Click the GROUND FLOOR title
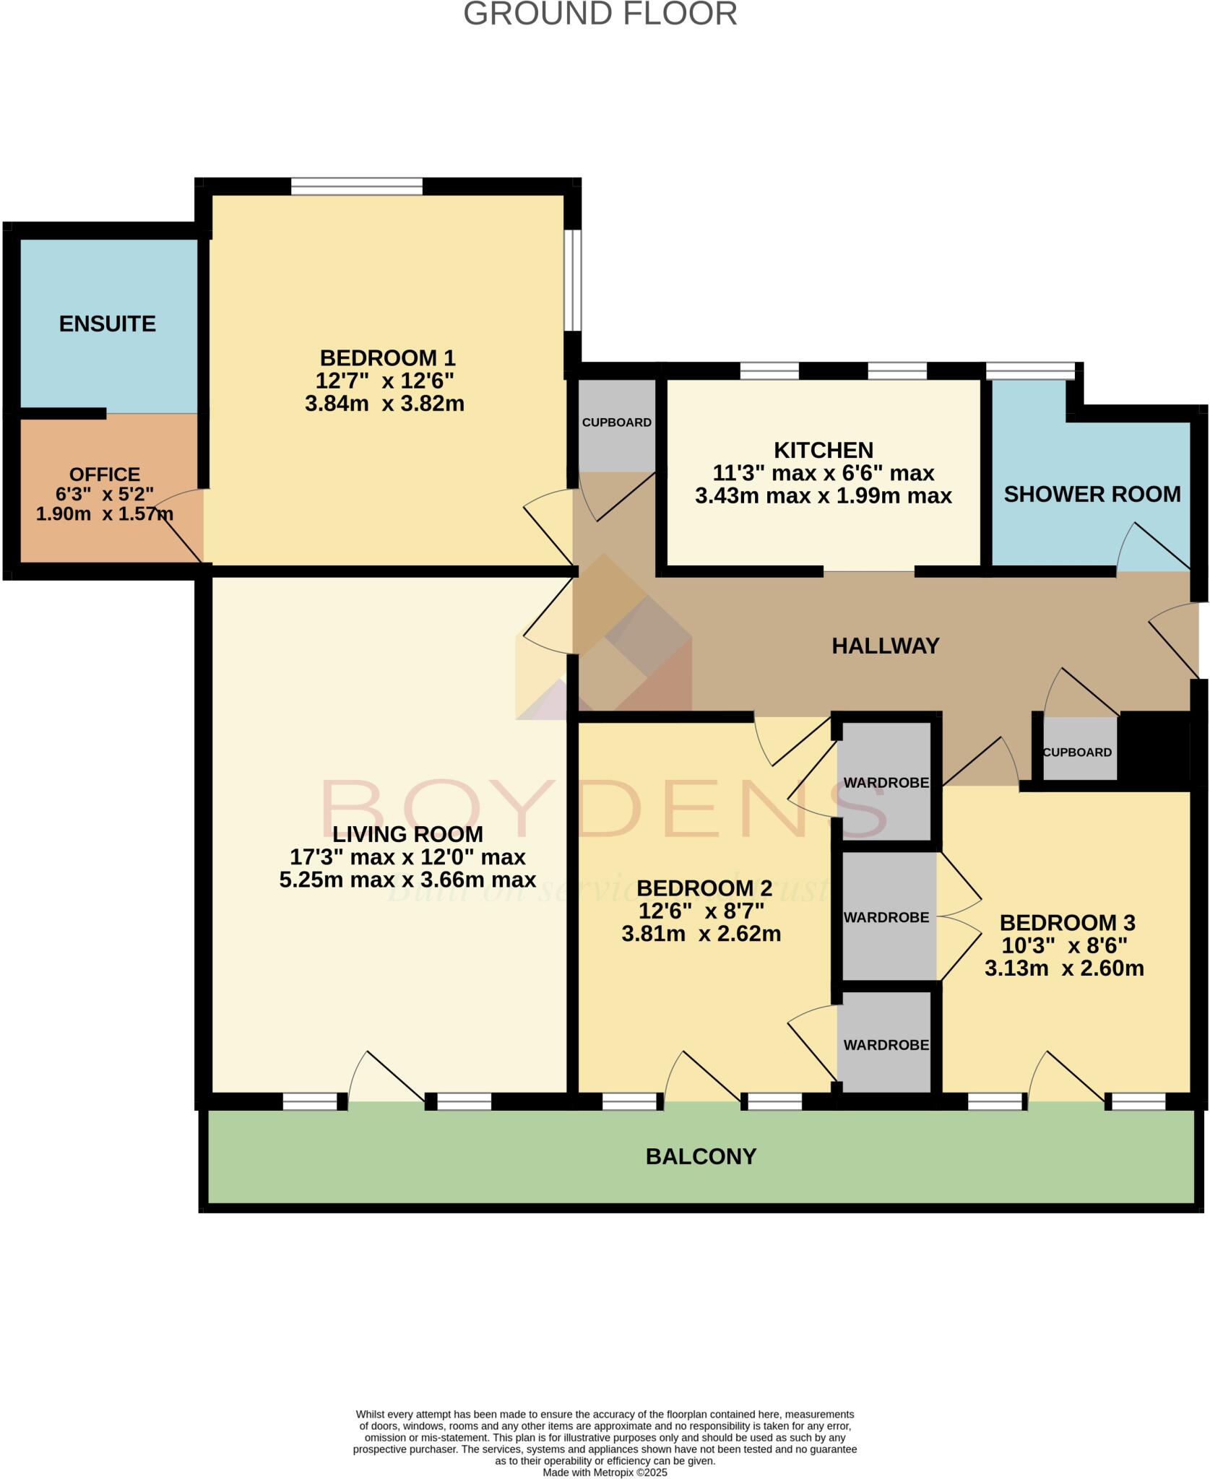(600, 14)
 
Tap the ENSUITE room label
(108, 324)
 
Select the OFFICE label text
(105, 474)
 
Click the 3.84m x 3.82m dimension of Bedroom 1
(384, 404)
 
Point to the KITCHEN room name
(824, 451)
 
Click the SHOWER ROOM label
(1092, 495)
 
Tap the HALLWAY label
(885, 646)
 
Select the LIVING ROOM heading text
(407, 835)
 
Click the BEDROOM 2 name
(704, 888)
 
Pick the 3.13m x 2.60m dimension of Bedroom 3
(1064, 968)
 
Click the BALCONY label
(701, 1157)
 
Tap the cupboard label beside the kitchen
(617, 422)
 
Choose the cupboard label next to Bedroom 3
(1077, 752)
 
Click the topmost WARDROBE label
(886, 783)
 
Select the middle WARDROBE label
(886, 918)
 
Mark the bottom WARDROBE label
(886, 1045)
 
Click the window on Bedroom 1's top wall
(356, 187)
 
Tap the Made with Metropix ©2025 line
(605, 1473)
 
